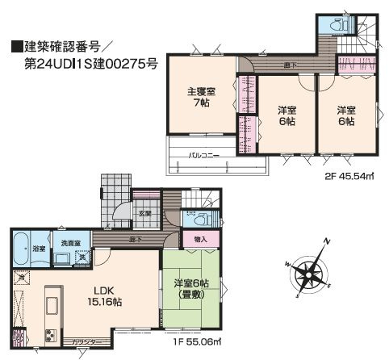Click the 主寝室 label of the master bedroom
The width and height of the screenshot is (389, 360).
[201, 91]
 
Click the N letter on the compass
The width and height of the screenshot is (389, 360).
[326, 241]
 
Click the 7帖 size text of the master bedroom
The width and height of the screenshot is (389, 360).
[201, 104]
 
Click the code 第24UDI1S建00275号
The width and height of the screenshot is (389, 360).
[80, 62]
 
